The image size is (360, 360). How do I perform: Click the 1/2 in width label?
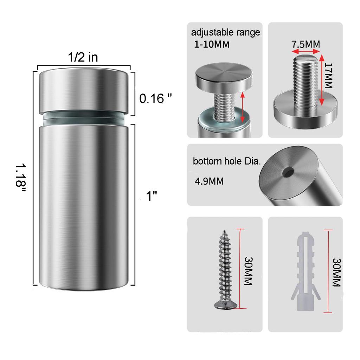pyautogui.click(x=83, y=57)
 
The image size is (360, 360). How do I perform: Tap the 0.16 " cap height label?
pyautogui.click(x=155, y=99)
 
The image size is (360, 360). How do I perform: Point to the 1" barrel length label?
pyautogui.click(x=152, y=196)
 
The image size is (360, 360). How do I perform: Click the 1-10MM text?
pyautogui.click(x=212, y=44)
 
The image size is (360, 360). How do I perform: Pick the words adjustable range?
pyautogui.click(x=225, y=32)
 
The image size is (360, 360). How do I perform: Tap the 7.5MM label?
pyautogui.click(x=306, y=44)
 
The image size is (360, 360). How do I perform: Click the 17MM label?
pyautogui.click(x=329, y=76)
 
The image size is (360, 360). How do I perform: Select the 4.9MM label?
pyautogui.click(x=209, y=181)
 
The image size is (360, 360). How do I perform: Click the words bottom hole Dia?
pyautogui.click(x=227, y=161)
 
